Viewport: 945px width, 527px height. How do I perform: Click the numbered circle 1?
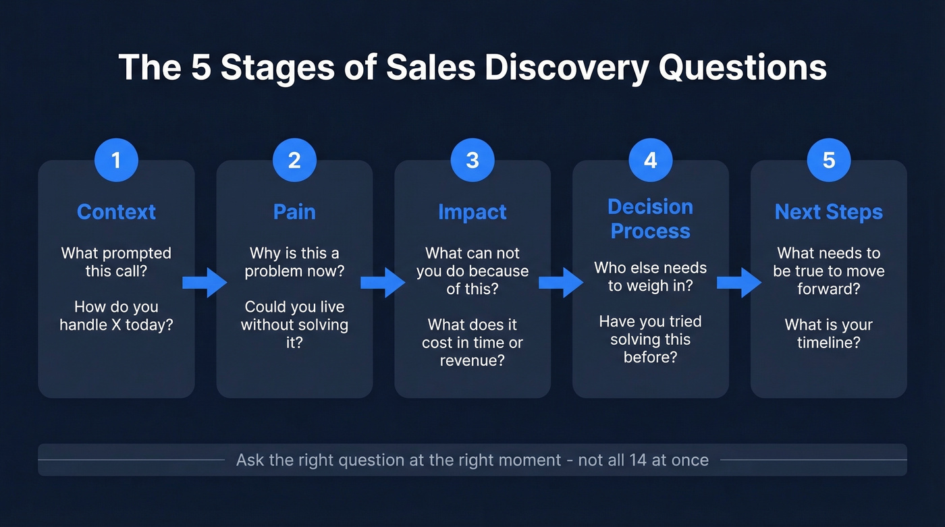tap(116, 160)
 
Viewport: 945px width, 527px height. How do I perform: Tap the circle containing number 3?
tap(473, 160)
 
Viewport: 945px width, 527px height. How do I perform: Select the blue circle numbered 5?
tap(829, 160)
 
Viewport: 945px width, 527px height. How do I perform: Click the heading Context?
tap(116, 212)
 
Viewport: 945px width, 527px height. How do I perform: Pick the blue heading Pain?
tap(294, 212)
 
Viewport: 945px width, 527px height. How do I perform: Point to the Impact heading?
tap(473, 212)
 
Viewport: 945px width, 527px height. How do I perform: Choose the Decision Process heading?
tap(650, 219)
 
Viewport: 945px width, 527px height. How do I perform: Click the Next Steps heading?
tap(829, 212)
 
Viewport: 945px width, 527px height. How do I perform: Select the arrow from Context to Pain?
tap(205, 282)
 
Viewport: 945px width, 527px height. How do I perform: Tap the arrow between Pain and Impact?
tap(383, 282)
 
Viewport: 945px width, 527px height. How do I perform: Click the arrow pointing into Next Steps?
tap(739, 282)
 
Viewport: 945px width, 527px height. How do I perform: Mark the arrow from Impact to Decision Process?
tap(561, 282)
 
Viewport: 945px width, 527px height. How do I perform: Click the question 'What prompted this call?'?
tap(116, 262)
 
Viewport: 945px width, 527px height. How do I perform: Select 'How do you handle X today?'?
tap(116, 316)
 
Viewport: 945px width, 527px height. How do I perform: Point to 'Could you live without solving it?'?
tap(294, 325)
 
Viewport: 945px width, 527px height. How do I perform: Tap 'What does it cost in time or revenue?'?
tap(473, 343)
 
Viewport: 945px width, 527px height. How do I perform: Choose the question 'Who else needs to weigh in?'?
tap(650, 277)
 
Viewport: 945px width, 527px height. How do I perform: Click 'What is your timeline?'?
tap(829, 333)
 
